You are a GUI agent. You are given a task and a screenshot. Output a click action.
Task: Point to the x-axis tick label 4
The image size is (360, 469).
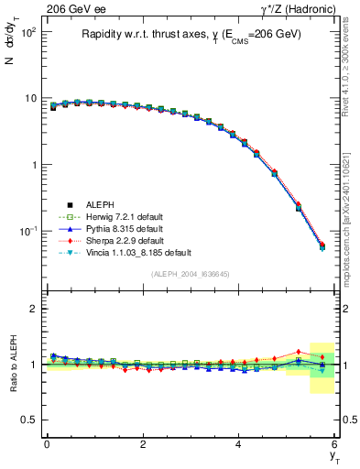[x=239, y=444]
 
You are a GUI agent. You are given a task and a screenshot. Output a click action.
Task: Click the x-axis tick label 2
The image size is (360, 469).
[x=143, y=444]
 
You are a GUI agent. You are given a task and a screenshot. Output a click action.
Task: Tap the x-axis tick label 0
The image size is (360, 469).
[x=47, y=444]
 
